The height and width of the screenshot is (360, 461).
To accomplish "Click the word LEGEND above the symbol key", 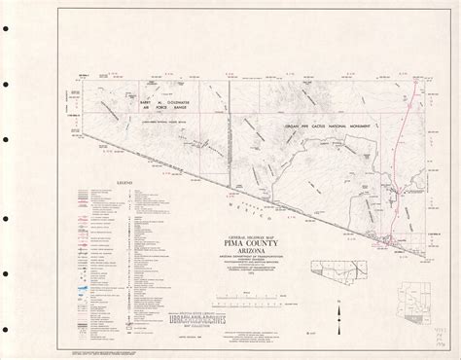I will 124,182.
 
